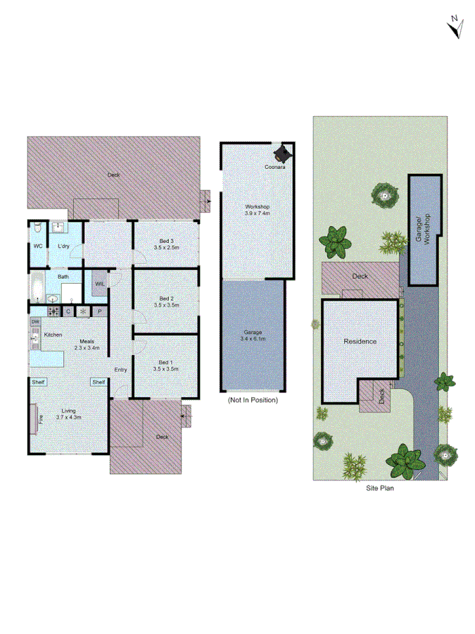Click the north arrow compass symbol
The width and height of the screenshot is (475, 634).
tap(455, 26)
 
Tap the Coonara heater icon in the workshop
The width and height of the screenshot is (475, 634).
tap(283, 153)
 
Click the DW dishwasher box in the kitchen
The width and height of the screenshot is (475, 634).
tap(34, 322)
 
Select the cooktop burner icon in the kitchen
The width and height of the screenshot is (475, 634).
tap(53, 311)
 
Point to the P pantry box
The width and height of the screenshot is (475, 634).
tap(99, 311)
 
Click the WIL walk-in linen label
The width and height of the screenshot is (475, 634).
tap(99, 284)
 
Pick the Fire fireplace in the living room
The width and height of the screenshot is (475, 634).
tap(32, 416)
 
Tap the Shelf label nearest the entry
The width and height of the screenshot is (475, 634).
tap(99, 382)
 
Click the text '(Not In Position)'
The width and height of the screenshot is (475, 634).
tap(253, 400)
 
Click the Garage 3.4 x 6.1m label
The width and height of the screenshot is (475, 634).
tap(253, 335)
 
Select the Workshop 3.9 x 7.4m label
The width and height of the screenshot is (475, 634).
tap(257, 209)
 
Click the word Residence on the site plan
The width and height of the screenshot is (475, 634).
tap(360, 342)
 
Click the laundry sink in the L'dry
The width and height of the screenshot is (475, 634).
tap(58, 228)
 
